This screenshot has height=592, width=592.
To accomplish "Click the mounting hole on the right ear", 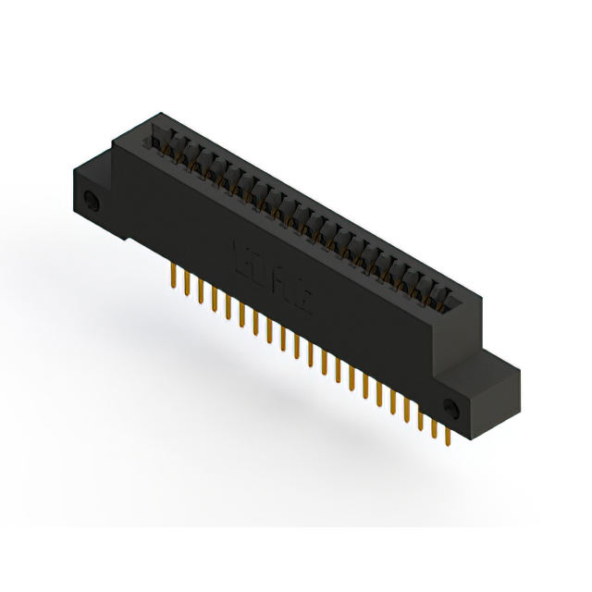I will point(452,407).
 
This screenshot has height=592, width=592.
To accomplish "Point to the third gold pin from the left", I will point(201,290).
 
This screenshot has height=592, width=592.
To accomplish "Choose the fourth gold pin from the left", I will point(214,298).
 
